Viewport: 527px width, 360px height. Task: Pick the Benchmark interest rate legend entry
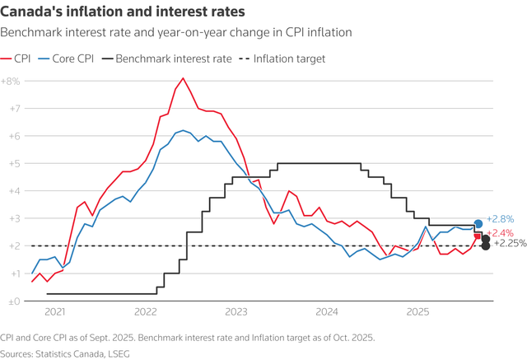coord(165,59)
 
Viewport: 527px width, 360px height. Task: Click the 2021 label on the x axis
coord(54,312)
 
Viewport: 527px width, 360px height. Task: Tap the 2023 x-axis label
coord(236,312)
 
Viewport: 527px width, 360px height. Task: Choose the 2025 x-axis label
coord(417,312)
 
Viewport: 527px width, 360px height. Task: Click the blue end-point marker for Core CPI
coord(478,224)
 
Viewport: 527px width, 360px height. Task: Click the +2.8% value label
coord(501,219)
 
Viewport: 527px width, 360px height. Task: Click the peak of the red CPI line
coord(183,78)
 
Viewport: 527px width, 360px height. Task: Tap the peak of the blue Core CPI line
coord(183,130)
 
